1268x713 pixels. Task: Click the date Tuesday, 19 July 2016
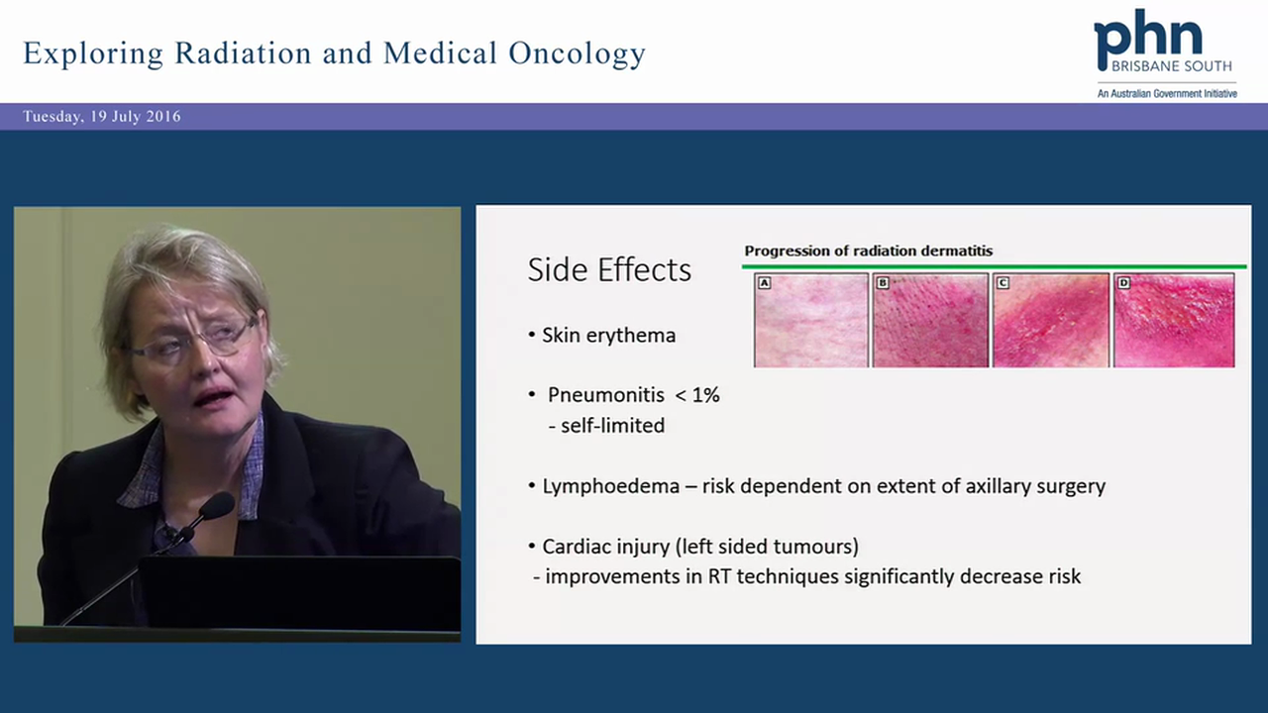tap(102, 117)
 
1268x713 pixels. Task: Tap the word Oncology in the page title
tap(577, 53)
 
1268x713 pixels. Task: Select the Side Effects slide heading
tap(609, 270)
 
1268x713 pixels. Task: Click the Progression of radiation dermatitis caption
tap(869, 251)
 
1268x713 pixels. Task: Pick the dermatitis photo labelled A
tap(811, 320)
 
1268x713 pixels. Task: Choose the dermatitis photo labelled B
tap(930, 320)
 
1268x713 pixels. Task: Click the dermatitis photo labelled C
tap(1051, 320)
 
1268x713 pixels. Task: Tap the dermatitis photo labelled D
tap(1174, 320)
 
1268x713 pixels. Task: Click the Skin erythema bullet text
tap(608, 336)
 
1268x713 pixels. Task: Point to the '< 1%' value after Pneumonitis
tap(696, 395)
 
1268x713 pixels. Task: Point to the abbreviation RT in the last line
tap(720, 576)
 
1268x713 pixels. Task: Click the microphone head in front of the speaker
tap(216, 506)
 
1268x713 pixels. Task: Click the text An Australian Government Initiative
tap(1166, 94)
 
